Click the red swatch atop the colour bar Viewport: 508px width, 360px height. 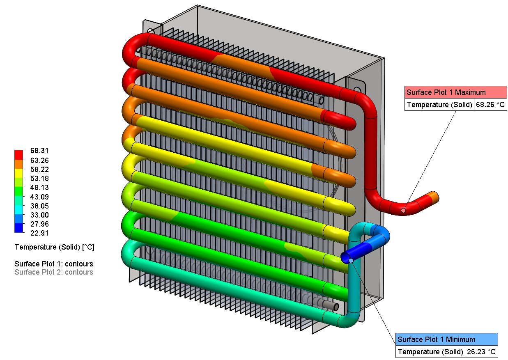click(19, 155)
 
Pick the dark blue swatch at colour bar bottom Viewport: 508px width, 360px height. click(19, 228)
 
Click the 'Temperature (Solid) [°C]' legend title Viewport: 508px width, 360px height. click(55, 247)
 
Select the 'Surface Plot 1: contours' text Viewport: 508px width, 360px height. click(54, 264)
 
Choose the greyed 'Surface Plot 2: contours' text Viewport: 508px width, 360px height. click(54, 272)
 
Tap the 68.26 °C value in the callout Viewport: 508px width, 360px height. click(490, 105)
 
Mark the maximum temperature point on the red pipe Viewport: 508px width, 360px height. click(403, 210)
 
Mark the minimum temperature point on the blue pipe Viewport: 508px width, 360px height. click(351, 261)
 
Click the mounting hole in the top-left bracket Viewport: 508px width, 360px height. click(151, 31)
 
